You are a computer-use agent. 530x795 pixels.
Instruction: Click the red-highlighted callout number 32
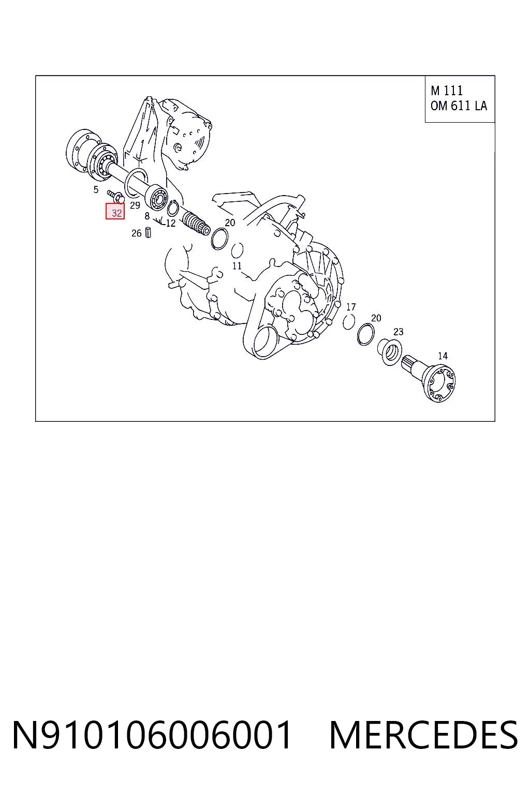(x=117, y=213)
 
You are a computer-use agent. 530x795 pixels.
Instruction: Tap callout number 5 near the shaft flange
(x=96, y=190)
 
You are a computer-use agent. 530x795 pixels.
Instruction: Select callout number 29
(x=135, y=205)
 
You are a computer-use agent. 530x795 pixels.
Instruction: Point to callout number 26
(x=136, y=233)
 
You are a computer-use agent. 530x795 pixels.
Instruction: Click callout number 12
(x=171, y=223)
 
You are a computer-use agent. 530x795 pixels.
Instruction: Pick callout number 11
(x=237, y=266)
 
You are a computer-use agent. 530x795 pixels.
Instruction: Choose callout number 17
(x=351, y=306)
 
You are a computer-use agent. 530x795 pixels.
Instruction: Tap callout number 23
(x=399, y=331)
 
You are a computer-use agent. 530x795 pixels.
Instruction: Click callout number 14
(x=443, y=356)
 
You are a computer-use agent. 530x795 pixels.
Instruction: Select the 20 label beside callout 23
(x=376, y=318)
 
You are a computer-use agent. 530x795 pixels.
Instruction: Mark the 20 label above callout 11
(x=230, y=223)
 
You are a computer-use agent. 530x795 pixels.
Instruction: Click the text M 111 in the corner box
(x=447, y=91)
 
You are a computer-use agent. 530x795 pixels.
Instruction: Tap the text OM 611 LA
(x=459, y=106)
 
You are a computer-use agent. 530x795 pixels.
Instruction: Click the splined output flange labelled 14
(x=431, y=378)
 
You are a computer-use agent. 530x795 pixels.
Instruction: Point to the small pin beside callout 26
(x=148, y=233)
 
